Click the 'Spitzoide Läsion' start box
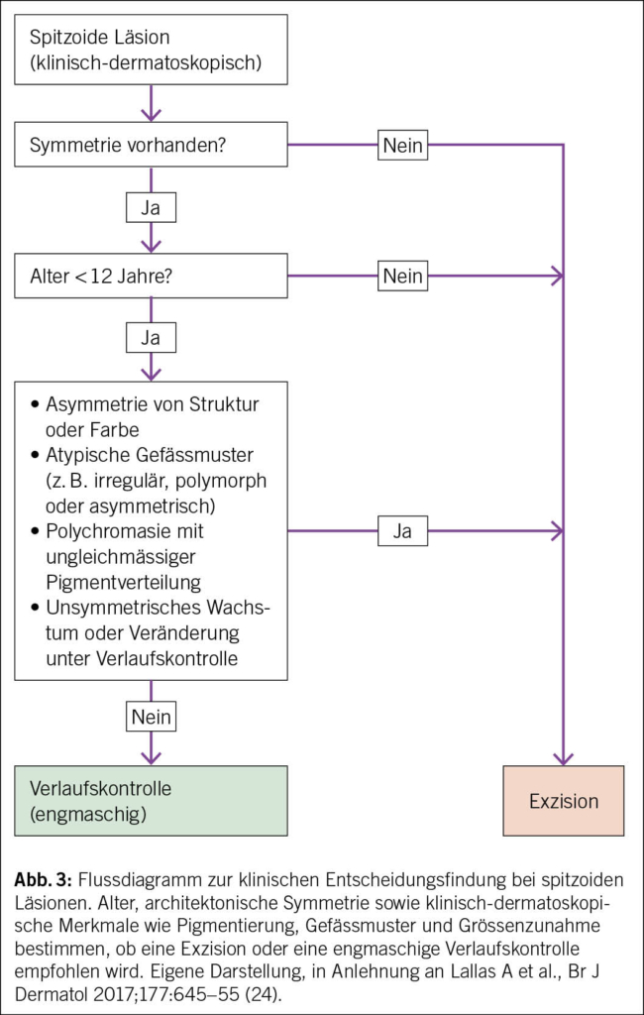point(151,53)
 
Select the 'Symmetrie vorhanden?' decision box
point(151,146)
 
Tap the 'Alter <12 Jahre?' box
point(151,276)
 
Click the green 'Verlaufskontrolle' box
point(151,801)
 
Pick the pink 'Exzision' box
point(563,801)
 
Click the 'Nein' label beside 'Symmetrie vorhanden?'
point(402,147)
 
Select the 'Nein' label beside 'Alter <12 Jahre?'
point(402,276)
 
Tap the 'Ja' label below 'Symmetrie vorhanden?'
point(151,209)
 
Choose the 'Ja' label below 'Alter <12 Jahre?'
point(151,338)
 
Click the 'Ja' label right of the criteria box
point(402,531)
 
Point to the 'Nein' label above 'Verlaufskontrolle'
point(151,715)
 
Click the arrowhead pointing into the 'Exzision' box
point(563,758)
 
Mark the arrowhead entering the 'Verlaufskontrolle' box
point(151,758)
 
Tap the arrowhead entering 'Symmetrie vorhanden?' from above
point(151,116)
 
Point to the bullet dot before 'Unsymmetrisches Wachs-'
point(36,608)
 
